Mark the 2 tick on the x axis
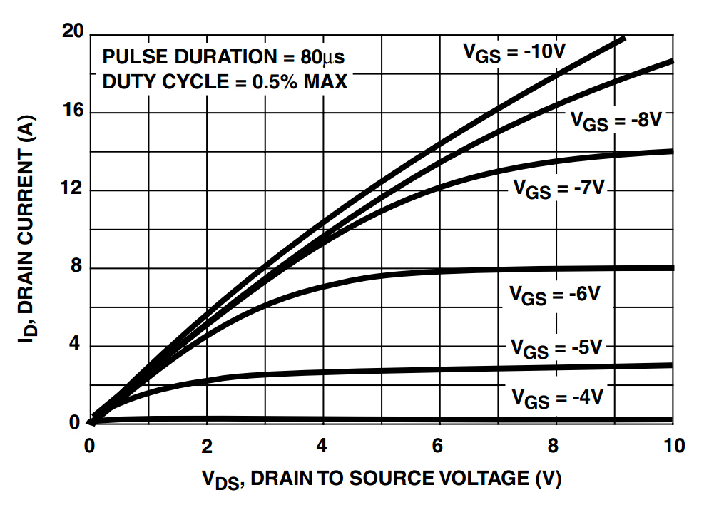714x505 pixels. click(207, 447)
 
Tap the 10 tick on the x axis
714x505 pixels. click(672, 447)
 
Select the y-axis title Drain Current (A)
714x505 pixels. click(26, 228)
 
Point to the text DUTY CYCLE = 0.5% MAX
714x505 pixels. click(225, 82)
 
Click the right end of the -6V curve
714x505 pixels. click(671, 268)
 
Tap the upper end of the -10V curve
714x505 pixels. click(623, 39)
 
